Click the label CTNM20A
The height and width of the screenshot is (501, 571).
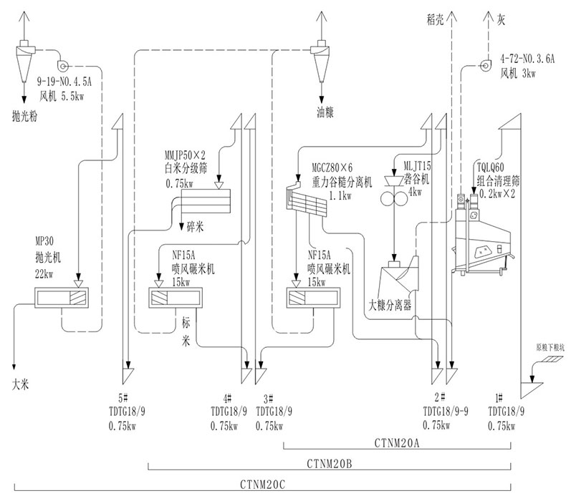pos(396,443)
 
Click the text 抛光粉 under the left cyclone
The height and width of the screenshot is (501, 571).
pos(26,114)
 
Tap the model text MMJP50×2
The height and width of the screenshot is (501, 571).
pos(185,154)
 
